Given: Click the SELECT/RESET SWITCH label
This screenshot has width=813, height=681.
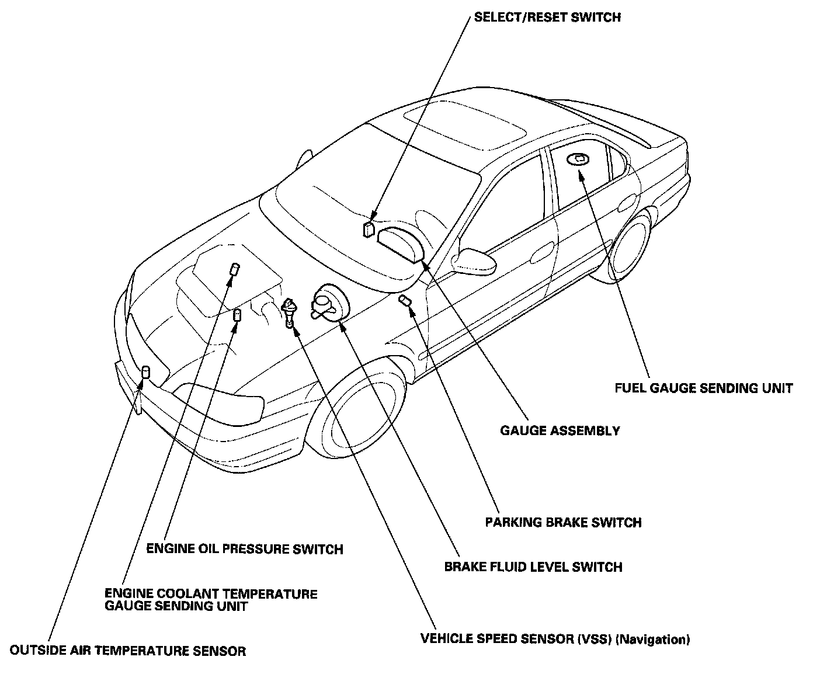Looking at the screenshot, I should tap(547, 18).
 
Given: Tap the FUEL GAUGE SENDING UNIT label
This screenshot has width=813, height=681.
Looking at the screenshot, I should tap(704, 388).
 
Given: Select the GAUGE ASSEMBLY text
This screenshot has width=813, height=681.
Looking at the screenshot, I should tap(560, 431).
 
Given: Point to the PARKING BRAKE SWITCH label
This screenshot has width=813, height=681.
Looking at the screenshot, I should tap(563, 522).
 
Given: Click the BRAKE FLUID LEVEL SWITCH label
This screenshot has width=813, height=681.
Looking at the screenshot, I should tap(533, 567).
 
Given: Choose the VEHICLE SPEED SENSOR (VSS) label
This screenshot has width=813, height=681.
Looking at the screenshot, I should tap(516, 639).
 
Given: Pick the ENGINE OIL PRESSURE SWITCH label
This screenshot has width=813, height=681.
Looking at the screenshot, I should tap(244, 549).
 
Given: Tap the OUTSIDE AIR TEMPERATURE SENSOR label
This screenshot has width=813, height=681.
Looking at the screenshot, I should tap(128, 651).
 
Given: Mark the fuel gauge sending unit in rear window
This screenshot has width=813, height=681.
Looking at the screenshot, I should tap(579, 158).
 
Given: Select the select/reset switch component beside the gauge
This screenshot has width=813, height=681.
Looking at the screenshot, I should tap(368, 228).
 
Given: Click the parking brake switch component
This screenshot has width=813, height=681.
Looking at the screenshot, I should tap(405, 301).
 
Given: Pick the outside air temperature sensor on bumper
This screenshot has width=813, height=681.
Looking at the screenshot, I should tap(145, 373).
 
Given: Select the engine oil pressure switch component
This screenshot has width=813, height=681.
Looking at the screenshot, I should tap(237, 315).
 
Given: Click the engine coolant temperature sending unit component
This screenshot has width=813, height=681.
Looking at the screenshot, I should tap(234, 269).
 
